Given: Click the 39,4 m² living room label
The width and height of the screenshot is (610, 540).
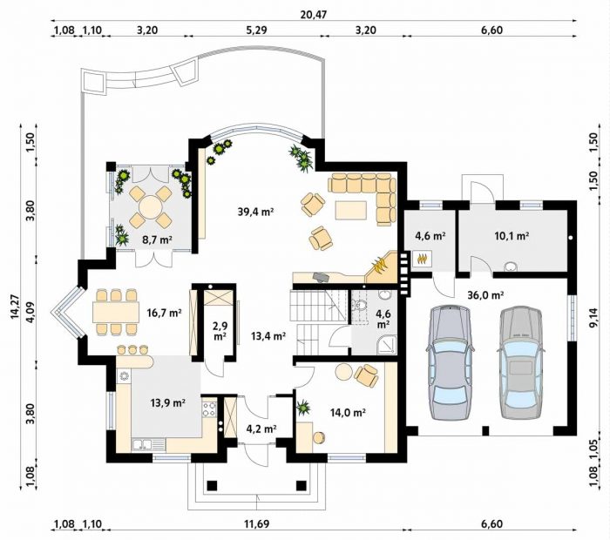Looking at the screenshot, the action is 255,212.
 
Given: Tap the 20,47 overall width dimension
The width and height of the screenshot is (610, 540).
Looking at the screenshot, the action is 314,15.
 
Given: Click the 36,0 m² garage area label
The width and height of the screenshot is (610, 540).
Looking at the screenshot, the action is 485,295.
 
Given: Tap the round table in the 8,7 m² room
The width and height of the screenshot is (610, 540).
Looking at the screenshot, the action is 150,206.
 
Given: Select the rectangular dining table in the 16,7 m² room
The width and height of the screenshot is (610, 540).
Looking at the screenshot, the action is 116,312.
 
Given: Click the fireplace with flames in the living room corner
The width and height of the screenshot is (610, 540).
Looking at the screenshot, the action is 382,267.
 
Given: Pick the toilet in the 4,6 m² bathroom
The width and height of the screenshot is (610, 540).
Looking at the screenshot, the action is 361,305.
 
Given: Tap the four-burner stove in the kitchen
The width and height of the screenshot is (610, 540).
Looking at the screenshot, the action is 209,409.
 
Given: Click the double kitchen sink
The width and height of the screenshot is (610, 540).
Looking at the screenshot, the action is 143,444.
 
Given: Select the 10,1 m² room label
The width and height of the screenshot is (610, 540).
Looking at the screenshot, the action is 512,235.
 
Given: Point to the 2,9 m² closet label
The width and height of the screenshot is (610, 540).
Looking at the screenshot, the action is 220,331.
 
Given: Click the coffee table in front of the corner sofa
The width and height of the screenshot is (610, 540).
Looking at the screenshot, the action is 350,210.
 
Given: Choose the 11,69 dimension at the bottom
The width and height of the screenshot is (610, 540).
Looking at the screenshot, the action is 256,524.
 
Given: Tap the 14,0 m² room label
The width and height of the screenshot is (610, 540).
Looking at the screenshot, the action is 348,413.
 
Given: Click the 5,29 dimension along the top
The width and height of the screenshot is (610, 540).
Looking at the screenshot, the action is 256,30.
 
